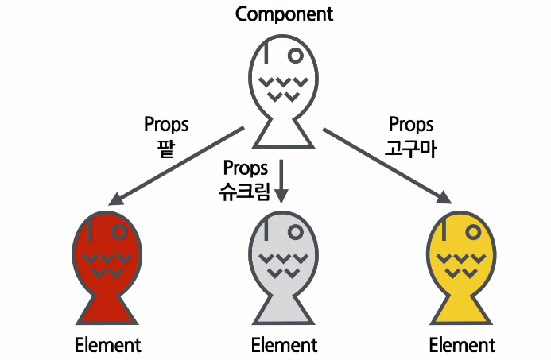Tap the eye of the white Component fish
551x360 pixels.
coord(295,56)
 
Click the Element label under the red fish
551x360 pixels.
coord(107,346)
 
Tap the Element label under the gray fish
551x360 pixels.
coord(284,346)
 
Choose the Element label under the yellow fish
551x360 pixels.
coord(462,346)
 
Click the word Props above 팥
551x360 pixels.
coord(166,124)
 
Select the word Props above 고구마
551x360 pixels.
coord(411,125)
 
